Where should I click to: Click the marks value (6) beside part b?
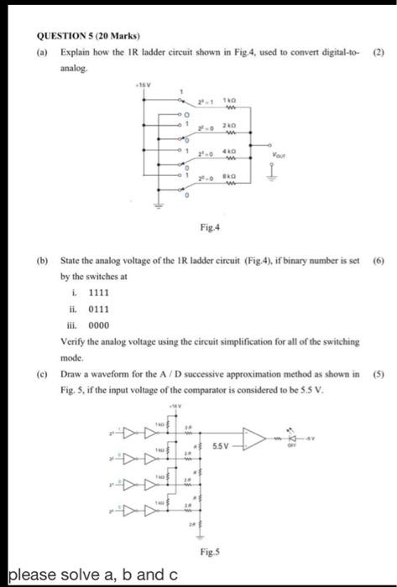click(378, 261)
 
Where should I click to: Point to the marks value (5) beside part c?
click(378, 372)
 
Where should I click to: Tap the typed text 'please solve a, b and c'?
click(92, 574)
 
